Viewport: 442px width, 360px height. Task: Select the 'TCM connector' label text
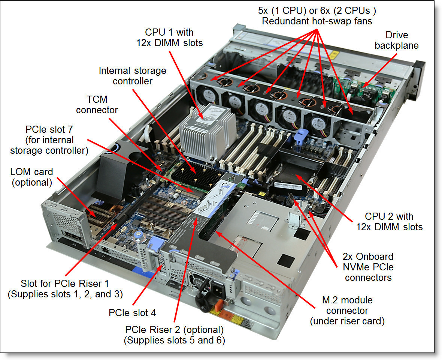97,105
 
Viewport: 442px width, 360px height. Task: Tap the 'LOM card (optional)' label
32,177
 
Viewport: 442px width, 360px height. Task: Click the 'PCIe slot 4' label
132,312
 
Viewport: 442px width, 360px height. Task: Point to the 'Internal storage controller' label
132,76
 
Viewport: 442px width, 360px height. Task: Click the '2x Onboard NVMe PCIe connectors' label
368,267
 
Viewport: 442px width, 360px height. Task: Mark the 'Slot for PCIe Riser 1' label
65,289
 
